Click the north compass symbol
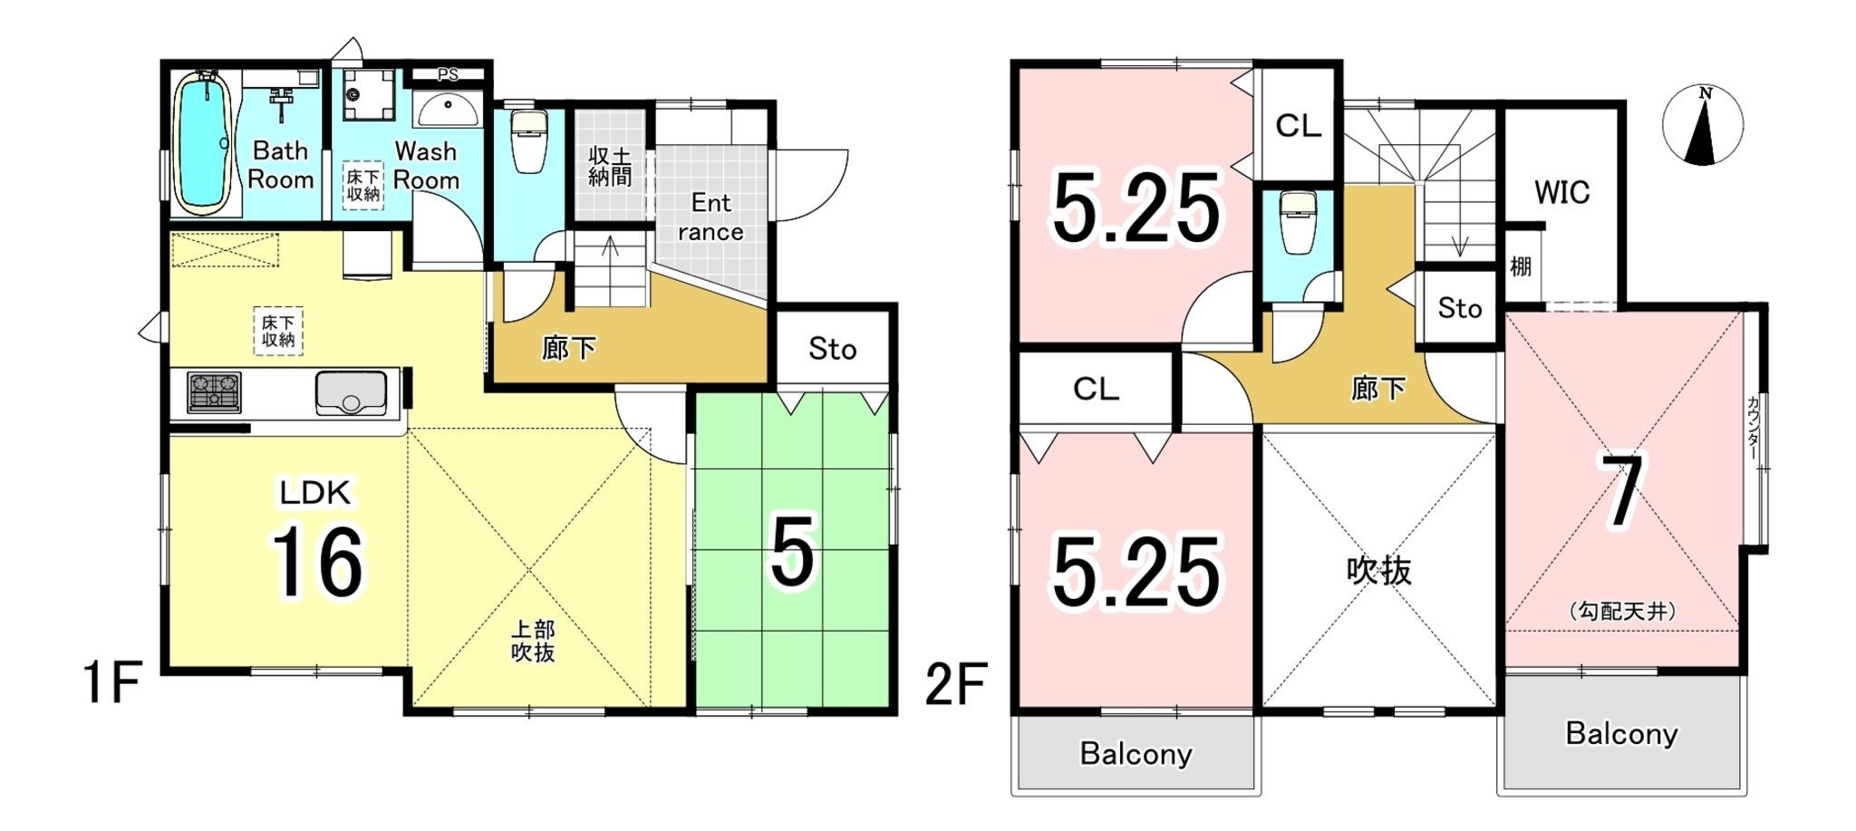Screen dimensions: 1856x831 point(1703,125)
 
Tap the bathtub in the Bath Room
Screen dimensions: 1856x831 point(203,143)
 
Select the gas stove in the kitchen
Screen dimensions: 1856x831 point(214,392)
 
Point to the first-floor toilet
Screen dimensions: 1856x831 point(528,141)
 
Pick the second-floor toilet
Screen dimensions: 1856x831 point(1298,224)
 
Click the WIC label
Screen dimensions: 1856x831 point(1561,192)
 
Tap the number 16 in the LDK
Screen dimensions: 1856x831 point(317,563)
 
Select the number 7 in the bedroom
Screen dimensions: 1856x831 point(1622,492)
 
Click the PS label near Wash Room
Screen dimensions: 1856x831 point(448,74)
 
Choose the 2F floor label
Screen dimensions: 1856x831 point(955,684)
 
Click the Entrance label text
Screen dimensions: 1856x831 point(710,217)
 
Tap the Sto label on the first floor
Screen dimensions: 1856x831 point(832,349)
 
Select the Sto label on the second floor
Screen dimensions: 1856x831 point(1459,308)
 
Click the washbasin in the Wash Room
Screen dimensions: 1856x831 point(448,111)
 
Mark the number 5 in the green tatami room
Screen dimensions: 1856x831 point(792,550)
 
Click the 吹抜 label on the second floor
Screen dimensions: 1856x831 point(1378,571)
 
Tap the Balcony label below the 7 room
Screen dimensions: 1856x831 point(1621,733)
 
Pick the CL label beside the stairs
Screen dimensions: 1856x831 point(1298,126)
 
